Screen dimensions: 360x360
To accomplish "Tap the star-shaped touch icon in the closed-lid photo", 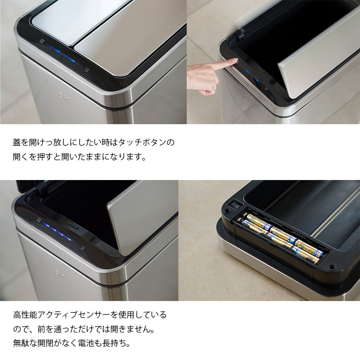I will [x=87, y=70].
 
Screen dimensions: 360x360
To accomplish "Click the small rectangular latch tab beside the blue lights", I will [x=72, y=224].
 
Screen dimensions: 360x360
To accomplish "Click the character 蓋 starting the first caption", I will [x=18, y=143].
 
